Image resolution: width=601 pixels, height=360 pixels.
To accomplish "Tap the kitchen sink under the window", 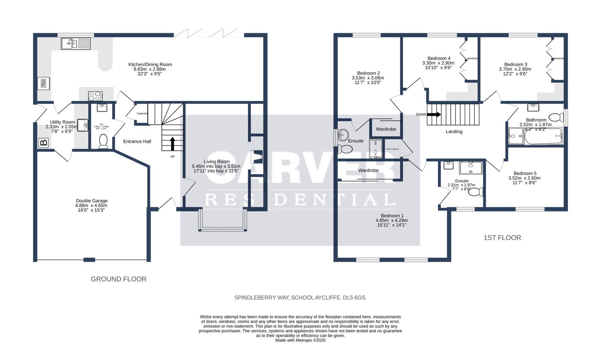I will (76, 44).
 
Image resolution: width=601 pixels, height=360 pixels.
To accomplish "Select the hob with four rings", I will (95, 96).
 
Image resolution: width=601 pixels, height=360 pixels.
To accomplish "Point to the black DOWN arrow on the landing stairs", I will (434, 114).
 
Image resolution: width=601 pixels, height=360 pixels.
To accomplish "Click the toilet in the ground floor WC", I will (103, 141).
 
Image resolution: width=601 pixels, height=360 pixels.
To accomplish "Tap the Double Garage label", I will (92, 201).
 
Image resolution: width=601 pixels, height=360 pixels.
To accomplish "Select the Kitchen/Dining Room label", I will (150, 65).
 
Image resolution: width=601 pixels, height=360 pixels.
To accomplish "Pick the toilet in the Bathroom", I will (556, 117).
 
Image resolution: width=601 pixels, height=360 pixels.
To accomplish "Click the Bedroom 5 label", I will (525, 173).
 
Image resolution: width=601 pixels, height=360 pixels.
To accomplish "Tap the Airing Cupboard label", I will (392, 149).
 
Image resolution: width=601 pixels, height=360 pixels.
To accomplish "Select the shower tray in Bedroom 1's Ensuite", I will (471, 168).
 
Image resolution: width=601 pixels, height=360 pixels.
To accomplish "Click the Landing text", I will (454, 132).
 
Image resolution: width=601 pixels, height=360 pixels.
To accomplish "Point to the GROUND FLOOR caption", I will (118, 279).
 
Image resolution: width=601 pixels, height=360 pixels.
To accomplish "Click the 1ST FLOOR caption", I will (502, 238).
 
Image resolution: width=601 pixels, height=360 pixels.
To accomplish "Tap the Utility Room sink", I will (83, 125).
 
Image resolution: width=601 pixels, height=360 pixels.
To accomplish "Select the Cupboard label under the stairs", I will (142, 114).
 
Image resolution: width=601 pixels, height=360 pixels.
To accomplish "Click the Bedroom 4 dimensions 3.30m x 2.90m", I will (438, 63).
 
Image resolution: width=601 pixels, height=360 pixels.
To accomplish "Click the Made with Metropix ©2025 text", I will (300, 340).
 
